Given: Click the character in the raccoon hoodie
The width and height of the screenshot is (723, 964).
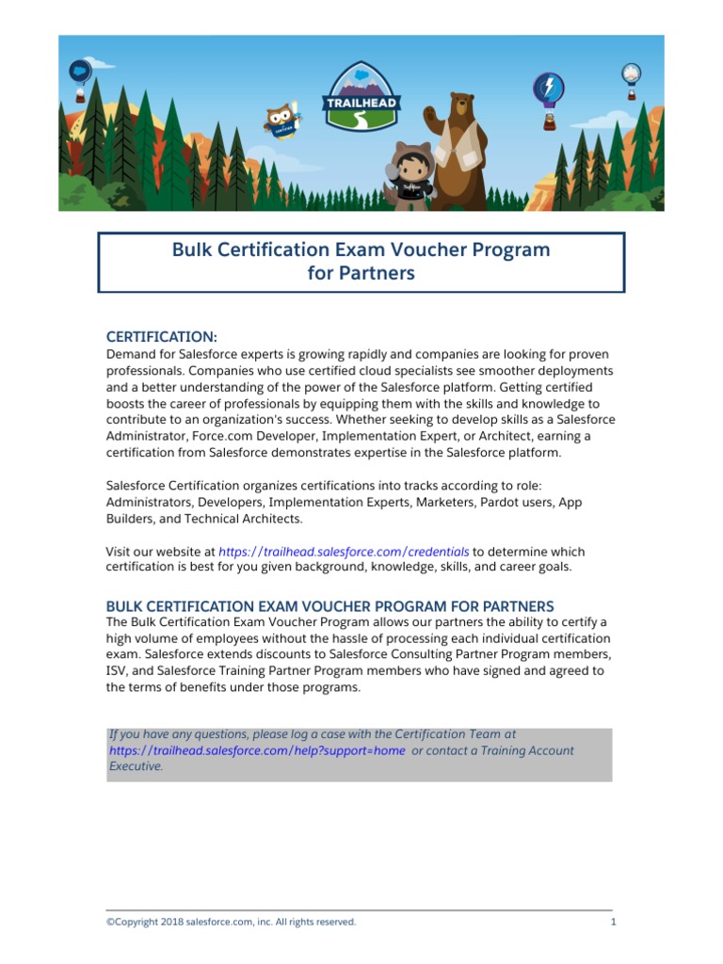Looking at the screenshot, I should point(411,175).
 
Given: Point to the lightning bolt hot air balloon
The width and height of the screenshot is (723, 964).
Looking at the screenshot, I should point(548,92).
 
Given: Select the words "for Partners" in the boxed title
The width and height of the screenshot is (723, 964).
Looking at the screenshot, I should point(361,274).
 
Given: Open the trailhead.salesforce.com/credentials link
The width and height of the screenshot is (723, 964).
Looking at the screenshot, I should point(344,552).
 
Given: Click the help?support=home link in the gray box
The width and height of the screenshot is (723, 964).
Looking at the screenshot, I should point(257,750).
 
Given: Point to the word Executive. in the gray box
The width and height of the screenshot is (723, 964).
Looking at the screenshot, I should point(137,766).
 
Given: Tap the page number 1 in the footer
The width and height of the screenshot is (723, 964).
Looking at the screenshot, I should point(613,922).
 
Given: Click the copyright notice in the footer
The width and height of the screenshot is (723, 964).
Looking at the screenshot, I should point(231,922).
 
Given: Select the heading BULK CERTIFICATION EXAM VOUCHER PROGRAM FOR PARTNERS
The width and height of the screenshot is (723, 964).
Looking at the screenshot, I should point(329,605).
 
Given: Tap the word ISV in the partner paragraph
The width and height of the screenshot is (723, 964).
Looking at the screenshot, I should point(117,670).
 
